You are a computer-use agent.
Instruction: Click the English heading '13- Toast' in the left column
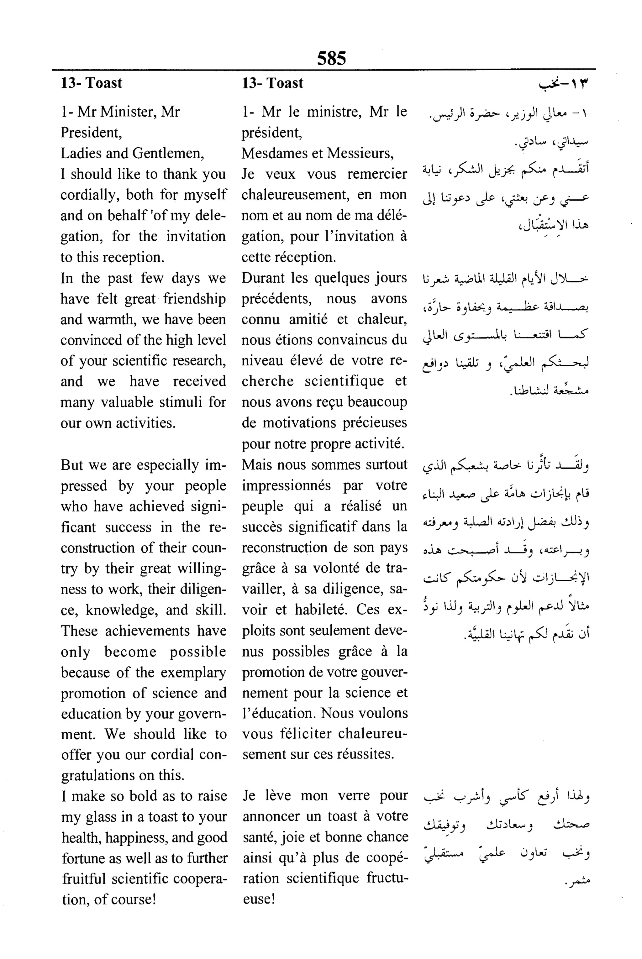(91, 83)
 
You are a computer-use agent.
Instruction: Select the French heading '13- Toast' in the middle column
(272, 83)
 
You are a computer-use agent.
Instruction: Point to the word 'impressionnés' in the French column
(286, 485)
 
